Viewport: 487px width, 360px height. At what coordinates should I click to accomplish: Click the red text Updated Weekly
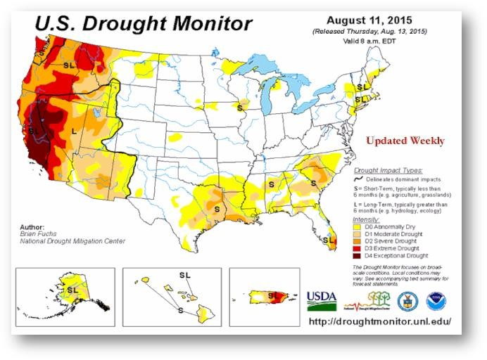click(x=405, y=141)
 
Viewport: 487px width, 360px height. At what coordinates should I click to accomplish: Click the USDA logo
click(x=321, y=300)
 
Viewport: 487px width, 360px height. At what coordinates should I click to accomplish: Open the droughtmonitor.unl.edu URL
click(x=380, y=321)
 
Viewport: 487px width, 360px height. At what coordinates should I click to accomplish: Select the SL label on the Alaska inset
click(x=73, y=289)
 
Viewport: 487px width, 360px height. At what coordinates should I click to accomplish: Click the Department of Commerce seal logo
click(x=407, y=301)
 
